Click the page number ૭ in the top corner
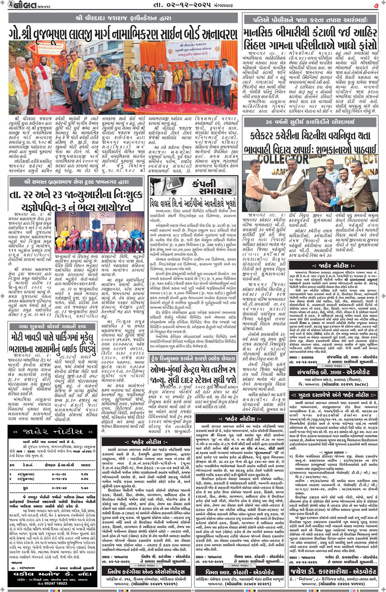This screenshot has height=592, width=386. click(x=376, y=5)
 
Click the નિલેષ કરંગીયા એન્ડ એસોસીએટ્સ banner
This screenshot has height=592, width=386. click(x=146, y=572)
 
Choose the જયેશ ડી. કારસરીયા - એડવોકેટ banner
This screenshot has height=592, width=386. click(x=333, y=572)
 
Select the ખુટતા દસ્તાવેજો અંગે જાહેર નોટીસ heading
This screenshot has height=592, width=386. click(x=333, y=395)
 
